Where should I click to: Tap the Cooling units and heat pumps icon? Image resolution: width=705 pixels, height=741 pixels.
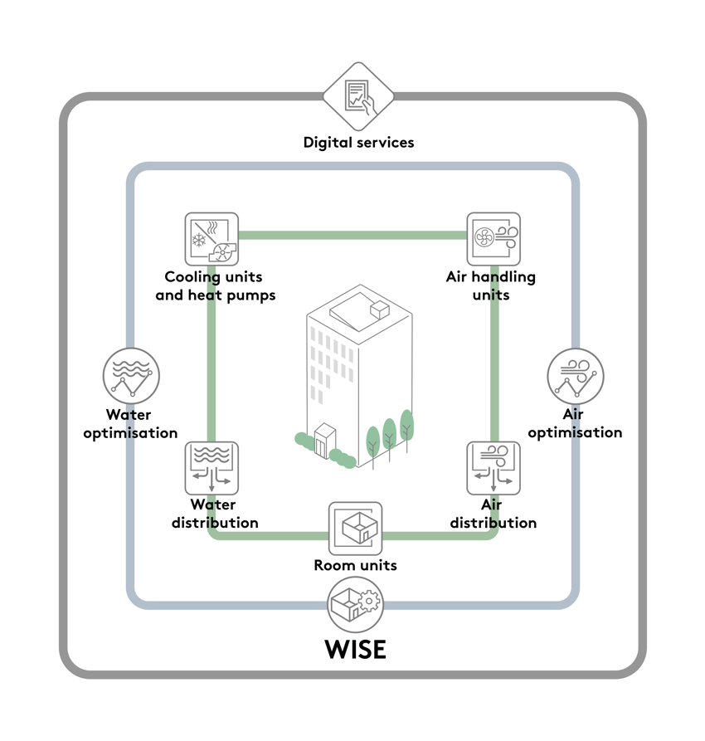pyautogui.click(x=211, y=239)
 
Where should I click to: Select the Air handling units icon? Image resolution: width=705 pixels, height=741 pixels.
pyautogui.click(x=494, y=239)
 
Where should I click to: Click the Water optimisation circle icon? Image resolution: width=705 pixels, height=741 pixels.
pyautogui.click(x=131, y=376)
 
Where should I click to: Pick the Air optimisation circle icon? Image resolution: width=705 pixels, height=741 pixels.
pyautogui.click(x=576, y=376)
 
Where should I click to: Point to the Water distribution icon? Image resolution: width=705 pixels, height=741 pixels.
pyautogui.click(x=211, y=468)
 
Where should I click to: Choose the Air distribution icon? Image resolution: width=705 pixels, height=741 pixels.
pyautogui.click(x=494, y=468)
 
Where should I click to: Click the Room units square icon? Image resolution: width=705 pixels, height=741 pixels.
pyautogui.click(x=356, y=529)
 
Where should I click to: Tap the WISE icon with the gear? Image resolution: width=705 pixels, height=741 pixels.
pyautogui.click(x=356, y=605)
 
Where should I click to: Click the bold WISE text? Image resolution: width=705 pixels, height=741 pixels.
pyautogui.click(x=356, y=649)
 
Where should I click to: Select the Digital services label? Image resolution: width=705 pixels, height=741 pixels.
pyautogui.click(x=358, y=142)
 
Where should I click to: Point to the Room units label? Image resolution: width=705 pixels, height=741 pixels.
pyautogui.click(x=355, y=566)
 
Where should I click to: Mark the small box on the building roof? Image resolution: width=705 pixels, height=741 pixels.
pyautogui.click(x=379, y=310)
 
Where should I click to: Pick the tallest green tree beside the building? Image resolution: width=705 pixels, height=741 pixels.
pyautogui.click(x=406, y=425)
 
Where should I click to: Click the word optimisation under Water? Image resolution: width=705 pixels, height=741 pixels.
pyautogui.click(x=130, y=433)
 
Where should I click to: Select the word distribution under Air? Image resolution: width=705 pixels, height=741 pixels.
pyautogui.click(x=494, y=523)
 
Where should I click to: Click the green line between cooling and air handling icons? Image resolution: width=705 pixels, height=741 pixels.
pyautogui.click(x=352, y=236)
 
